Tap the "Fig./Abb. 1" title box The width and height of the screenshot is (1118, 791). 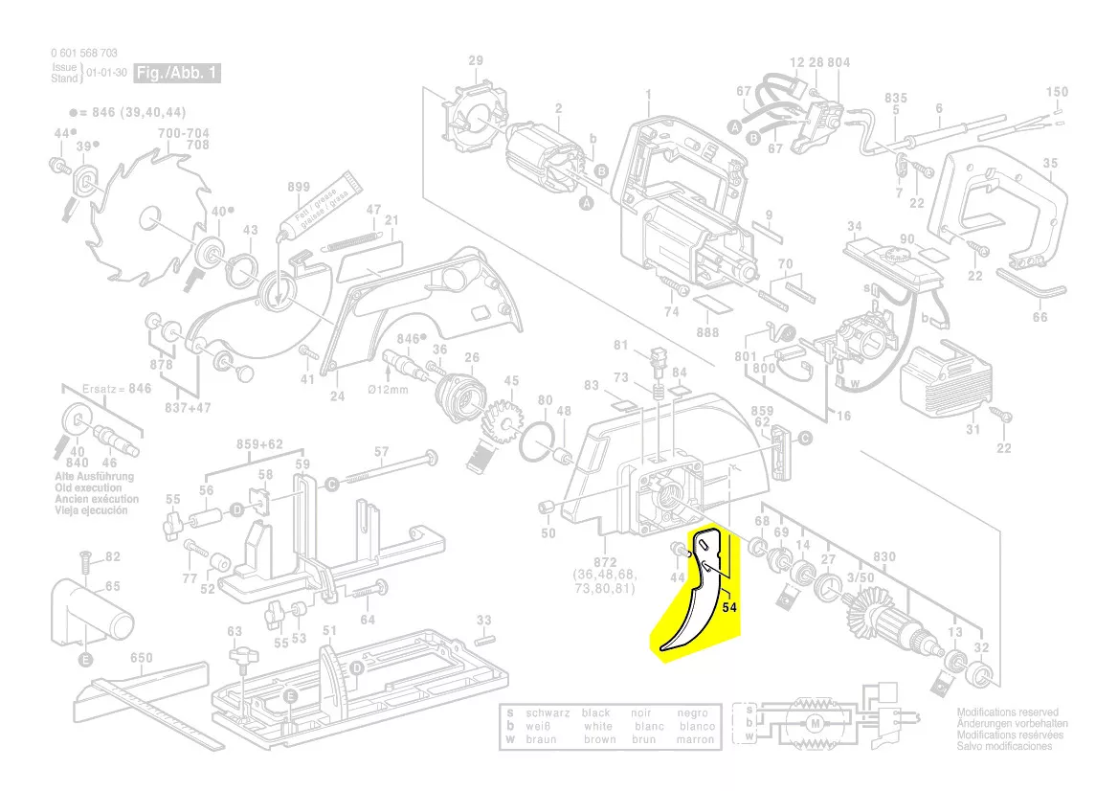click(x=177, y=73)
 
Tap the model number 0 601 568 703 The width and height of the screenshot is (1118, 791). click(x=83, y=54)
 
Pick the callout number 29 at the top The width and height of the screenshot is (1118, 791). click(x=476, y=61)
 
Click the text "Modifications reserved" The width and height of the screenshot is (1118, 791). click(x=1007, y=713)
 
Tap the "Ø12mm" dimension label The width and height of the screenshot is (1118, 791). click(x=389, y=391)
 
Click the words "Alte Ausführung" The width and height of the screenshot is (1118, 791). click(x=94, y=476)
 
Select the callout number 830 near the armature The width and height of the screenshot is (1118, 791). click(x=884, y=556)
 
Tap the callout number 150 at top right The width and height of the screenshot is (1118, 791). click(x=1057, y=92)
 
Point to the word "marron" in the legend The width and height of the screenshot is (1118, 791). click(x=694, y=739)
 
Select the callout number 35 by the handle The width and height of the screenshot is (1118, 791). click(x=1050, y=164)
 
